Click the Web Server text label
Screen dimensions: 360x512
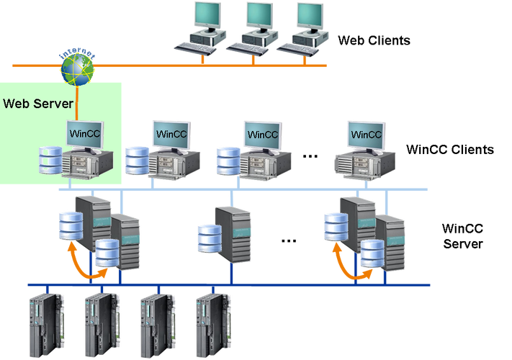tap(37, 103)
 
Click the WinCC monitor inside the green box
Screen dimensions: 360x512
tap(84, 133)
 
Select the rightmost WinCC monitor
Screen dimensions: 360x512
tap(366, 134)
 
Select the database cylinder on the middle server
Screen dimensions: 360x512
tap(207, 237)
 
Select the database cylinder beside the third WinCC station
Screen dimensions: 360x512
tap(227, 160)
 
